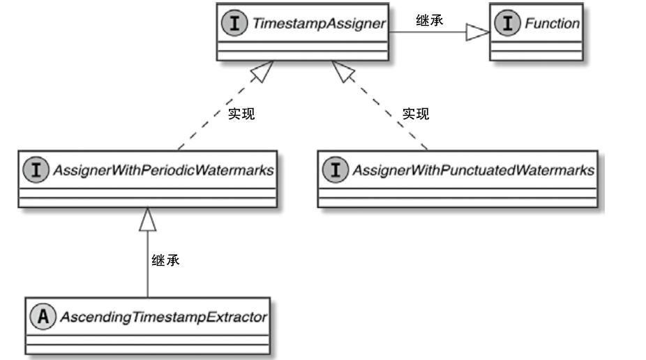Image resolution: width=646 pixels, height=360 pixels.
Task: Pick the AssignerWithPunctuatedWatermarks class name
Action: (473, 170)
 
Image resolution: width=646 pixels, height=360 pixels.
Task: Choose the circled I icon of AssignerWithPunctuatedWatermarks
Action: (335, 170)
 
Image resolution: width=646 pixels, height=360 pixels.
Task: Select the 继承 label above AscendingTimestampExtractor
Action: (166, 261)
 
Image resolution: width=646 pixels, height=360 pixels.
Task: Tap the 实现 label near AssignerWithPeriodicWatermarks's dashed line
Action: (241, 114)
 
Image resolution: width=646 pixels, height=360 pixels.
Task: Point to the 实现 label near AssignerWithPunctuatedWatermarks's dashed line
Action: (416, 114)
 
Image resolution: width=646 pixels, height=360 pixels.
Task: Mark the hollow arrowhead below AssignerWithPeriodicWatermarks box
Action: (147, 220)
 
